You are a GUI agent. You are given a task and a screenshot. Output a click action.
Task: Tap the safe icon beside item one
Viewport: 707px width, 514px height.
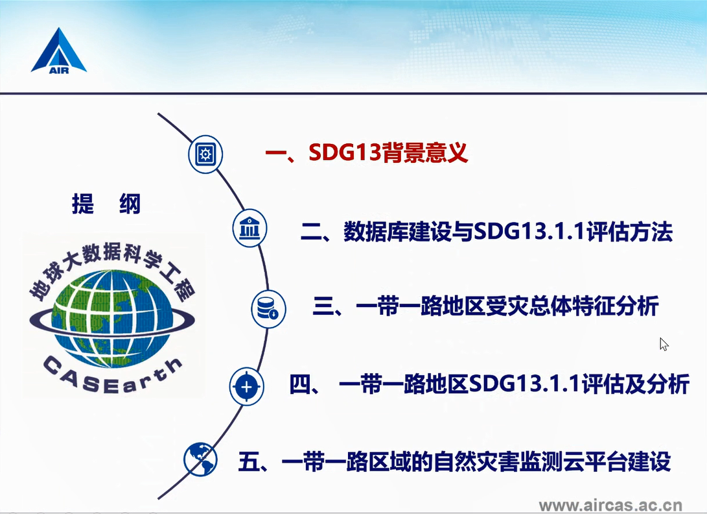click(x=205, y=154)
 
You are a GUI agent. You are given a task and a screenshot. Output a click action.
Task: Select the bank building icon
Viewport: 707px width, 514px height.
click(x=249, y=228)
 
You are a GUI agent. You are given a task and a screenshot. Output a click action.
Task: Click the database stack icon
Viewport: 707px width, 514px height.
click(x=268, y=309)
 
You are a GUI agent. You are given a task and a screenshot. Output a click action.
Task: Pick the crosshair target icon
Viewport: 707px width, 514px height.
click(x=246, y=387)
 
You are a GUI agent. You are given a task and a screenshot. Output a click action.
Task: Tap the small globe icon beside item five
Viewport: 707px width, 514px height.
click(x=200, y=459)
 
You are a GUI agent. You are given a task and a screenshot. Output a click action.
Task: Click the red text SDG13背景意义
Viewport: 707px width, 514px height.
click(x=388, y=153)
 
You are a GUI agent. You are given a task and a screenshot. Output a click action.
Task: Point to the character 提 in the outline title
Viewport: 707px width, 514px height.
click(x=83, y=204)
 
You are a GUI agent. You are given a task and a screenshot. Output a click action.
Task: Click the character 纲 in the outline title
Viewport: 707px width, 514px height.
click(x=130, y=204)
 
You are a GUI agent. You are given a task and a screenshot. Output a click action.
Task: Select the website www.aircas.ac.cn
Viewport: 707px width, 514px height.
click(x=610, y=505)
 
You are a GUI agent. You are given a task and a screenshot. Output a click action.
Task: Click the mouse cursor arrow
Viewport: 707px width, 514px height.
click(x=664, y=344)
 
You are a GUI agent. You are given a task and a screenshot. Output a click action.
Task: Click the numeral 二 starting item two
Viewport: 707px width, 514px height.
click(x=311, y=232)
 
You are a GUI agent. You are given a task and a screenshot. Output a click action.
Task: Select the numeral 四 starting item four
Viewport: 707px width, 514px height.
click(x=300, y=384)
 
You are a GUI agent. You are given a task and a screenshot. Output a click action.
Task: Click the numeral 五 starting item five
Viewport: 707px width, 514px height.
click(x=249, y=461)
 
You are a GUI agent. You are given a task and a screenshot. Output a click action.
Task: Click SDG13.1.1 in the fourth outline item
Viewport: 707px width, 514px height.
click(x=525, y=384)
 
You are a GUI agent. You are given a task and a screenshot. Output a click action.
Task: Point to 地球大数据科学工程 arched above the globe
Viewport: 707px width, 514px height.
click(x=112, y=271)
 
